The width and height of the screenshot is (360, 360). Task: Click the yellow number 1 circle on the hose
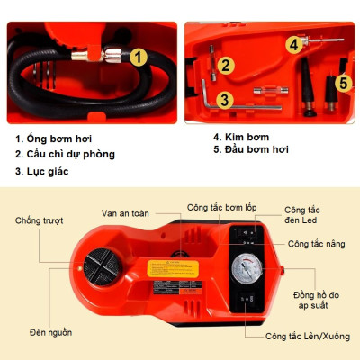(x=138, y=58)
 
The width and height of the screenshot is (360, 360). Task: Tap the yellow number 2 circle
(x=225, y=65)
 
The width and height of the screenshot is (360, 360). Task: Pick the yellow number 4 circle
(x=293, y=43)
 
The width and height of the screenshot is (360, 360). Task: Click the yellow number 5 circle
(x=342, y=84)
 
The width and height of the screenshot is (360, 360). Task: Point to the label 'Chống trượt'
(x=40, y=220)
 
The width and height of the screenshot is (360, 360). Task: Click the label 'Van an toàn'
(x=123, y=214)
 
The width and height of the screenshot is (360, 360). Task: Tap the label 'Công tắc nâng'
(x=316, y=243)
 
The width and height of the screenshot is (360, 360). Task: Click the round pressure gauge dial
(x=246, y=271)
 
